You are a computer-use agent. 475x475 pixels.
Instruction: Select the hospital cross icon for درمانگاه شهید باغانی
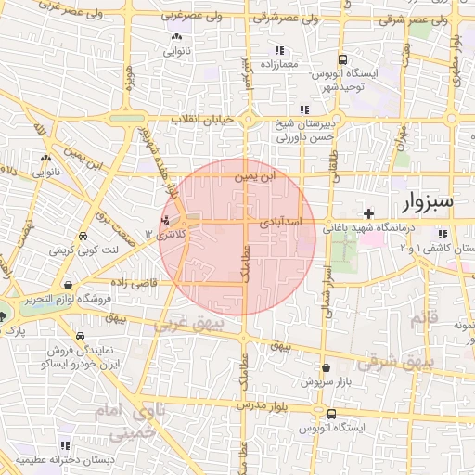click(x=369, y=213)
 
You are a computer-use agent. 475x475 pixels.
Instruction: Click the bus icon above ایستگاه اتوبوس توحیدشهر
click(x=344, y=58)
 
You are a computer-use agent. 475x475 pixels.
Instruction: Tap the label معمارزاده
click(x=277, y=65)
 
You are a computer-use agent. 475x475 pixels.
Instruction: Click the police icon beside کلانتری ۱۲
click(x=165, y=220)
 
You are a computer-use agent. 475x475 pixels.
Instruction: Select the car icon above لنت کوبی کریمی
click(x=84, y=237)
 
